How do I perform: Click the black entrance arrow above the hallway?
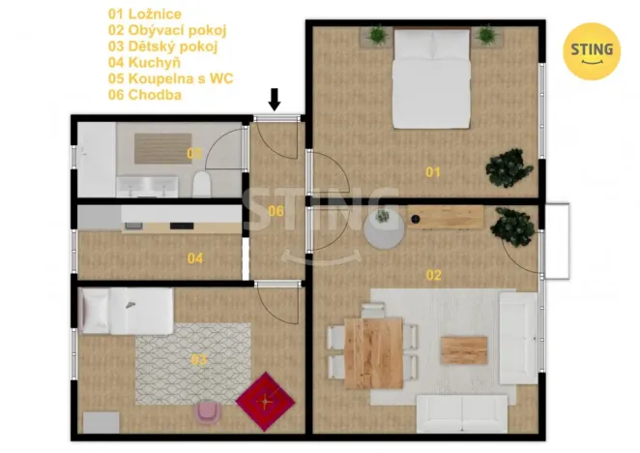point(275,100)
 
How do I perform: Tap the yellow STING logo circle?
point(592,51)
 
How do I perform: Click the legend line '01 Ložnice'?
point(145,15)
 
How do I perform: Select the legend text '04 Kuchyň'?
point(144,63)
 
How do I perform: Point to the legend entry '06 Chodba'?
point(145,95)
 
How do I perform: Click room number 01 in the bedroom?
point(433,172)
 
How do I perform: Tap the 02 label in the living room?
point(433,275)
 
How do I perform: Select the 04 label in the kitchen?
point(195,258)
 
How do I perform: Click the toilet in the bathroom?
point(201,184)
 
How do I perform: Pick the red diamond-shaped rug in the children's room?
point(265,401)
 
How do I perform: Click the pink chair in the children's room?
point(209,412)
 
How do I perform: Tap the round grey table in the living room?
point(385,230)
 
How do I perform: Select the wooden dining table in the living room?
point(374,353)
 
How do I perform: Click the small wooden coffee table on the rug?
point(464,350)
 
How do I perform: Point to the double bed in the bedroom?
point(432,78)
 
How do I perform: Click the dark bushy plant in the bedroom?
point(509,168)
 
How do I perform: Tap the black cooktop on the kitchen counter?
point(182,226)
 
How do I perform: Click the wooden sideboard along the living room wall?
point(446,218)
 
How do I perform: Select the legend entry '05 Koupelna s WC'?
point(170,78)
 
